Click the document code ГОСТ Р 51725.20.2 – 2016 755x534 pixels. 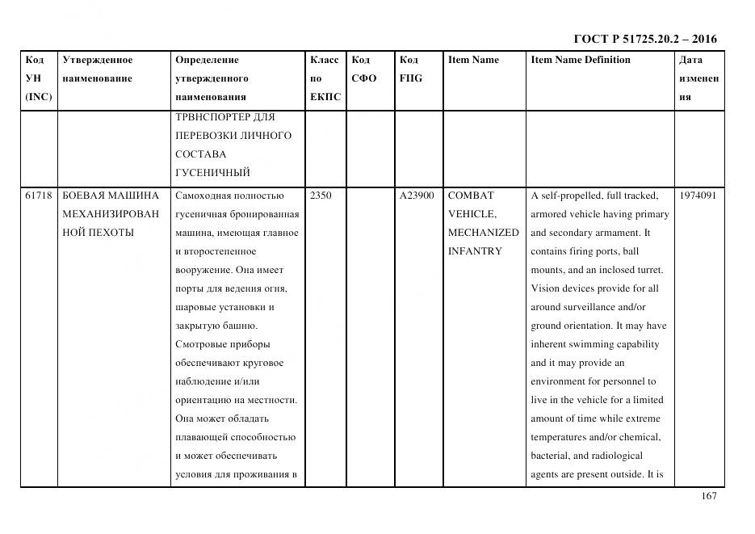click(x=644, y=39)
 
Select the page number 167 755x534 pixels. click(x=708, y=496)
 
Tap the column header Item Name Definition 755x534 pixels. click(x=581, y=60)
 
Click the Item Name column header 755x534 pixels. click(x=473, y=60)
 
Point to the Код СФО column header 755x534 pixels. click(x=364, y=69)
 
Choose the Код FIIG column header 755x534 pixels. click(x=411, y=69)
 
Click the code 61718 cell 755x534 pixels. click(x=39, y=196)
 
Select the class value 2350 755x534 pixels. click(x=321, y=196)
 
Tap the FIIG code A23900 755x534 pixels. click(x=417, y=196)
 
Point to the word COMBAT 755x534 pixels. click(x=470, y=196)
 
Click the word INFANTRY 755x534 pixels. click(x=475, y=251)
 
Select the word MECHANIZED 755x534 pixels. click(x=483, y=233)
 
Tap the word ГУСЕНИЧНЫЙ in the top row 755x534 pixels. click(x=212, y=173)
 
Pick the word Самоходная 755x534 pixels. click(x=202, y=196)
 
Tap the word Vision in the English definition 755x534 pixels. click(x=545, y=288)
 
